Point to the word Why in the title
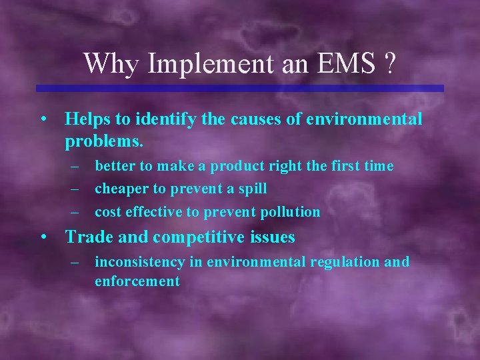coord(110,64)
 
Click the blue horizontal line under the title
coord(239,88)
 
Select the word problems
coord(104,141)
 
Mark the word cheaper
coord(121,189)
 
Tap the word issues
coord(273,237)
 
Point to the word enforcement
coord(137,281)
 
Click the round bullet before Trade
coord(43,237)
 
